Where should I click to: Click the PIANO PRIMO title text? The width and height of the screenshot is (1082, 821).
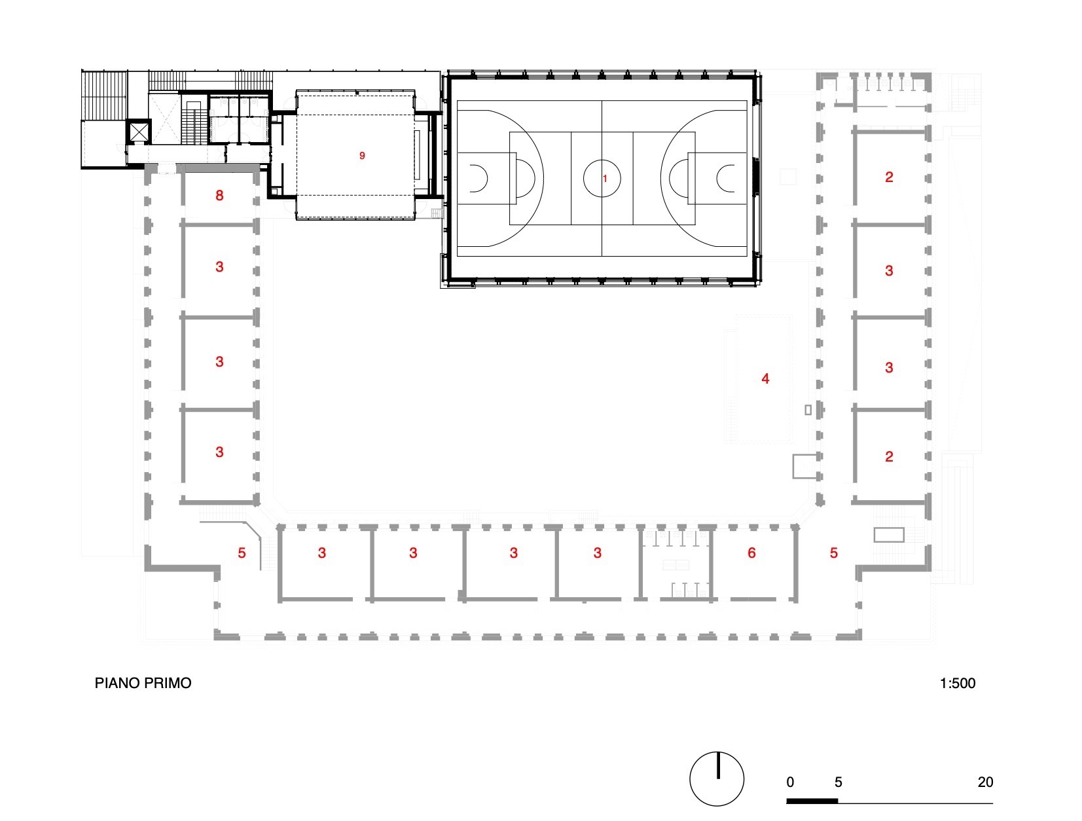(143, 683)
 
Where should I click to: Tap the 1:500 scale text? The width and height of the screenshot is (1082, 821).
(957, 683)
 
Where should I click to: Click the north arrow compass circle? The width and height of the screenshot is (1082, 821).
(717, 779)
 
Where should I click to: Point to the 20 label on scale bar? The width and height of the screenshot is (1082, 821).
(984, 782)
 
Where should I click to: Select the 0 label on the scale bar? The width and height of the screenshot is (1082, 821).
(790, 782)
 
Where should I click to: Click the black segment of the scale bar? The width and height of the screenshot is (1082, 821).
(812, 801)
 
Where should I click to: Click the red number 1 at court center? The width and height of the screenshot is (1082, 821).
(605, 178)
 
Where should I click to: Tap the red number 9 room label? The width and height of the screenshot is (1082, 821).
(362, 156)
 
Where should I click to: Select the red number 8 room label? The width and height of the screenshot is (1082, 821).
(219, 195)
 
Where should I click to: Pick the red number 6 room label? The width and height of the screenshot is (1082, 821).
(751, 553)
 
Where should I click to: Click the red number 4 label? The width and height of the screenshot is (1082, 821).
(765, 378)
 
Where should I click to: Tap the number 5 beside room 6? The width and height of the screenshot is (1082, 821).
(833, 553)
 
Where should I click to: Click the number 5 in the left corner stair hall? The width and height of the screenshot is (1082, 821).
(242, 553)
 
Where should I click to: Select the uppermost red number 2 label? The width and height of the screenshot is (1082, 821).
(888, 177)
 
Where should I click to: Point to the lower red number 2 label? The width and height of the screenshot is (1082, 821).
(888, 456)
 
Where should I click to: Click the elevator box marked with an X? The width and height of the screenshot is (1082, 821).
(139, 132)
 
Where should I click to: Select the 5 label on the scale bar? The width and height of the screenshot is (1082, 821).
(838, 782)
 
